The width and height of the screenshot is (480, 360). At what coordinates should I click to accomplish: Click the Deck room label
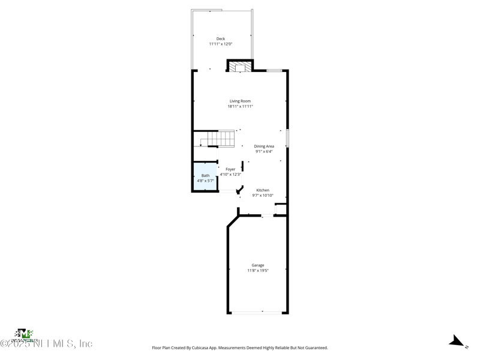pyautogui.click(x=221, y=39)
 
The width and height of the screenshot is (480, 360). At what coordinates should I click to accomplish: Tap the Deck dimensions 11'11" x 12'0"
pyautogui.click(x=221, y=44)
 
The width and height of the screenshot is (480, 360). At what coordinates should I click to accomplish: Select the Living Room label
pyautogui.click(x=240, y=101)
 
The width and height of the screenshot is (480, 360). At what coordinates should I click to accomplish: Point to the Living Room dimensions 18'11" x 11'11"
pyautogui.click(x=240, y=106)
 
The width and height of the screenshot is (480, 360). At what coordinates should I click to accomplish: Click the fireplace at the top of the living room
pyautogui.click(x=239, y=66)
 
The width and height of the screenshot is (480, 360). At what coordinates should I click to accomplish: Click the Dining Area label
pyautogui.click(x=264, y=146)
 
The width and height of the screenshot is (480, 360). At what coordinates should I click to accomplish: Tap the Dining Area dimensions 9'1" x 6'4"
pyautogui.click(x=264, y=151)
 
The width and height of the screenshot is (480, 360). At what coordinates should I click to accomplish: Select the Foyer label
pyautogui.click(x=230, y=169)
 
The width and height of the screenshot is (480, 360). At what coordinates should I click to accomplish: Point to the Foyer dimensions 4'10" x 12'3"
pyautogui.click(x=230, y=175)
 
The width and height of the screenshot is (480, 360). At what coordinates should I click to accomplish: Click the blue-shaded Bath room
pyautogui.click(x=205, y=177)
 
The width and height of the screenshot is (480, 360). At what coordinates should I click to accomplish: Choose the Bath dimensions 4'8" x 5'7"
pyautogui.click(x=205, y=181)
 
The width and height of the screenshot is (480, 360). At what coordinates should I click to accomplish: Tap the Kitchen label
pyautogui.click(x=263, y=190)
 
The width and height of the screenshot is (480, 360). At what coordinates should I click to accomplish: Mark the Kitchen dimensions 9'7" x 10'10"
pyautogui.click(x=263, y=195)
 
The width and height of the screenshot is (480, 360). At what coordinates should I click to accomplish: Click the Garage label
pyautogui.click(x=258, y=265)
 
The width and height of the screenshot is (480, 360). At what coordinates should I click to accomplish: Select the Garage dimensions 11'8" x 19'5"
pyautogui.click(x=258, y=271)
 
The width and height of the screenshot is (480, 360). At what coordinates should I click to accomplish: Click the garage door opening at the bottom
pyautogui.click(x=258, y=312)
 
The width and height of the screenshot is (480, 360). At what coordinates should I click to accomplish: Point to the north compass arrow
pyautogui.click(x=458, y=342)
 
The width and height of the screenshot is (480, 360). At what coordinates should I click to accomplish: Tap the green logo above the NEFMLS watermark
pyautogui.click(x=23, y=334)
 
